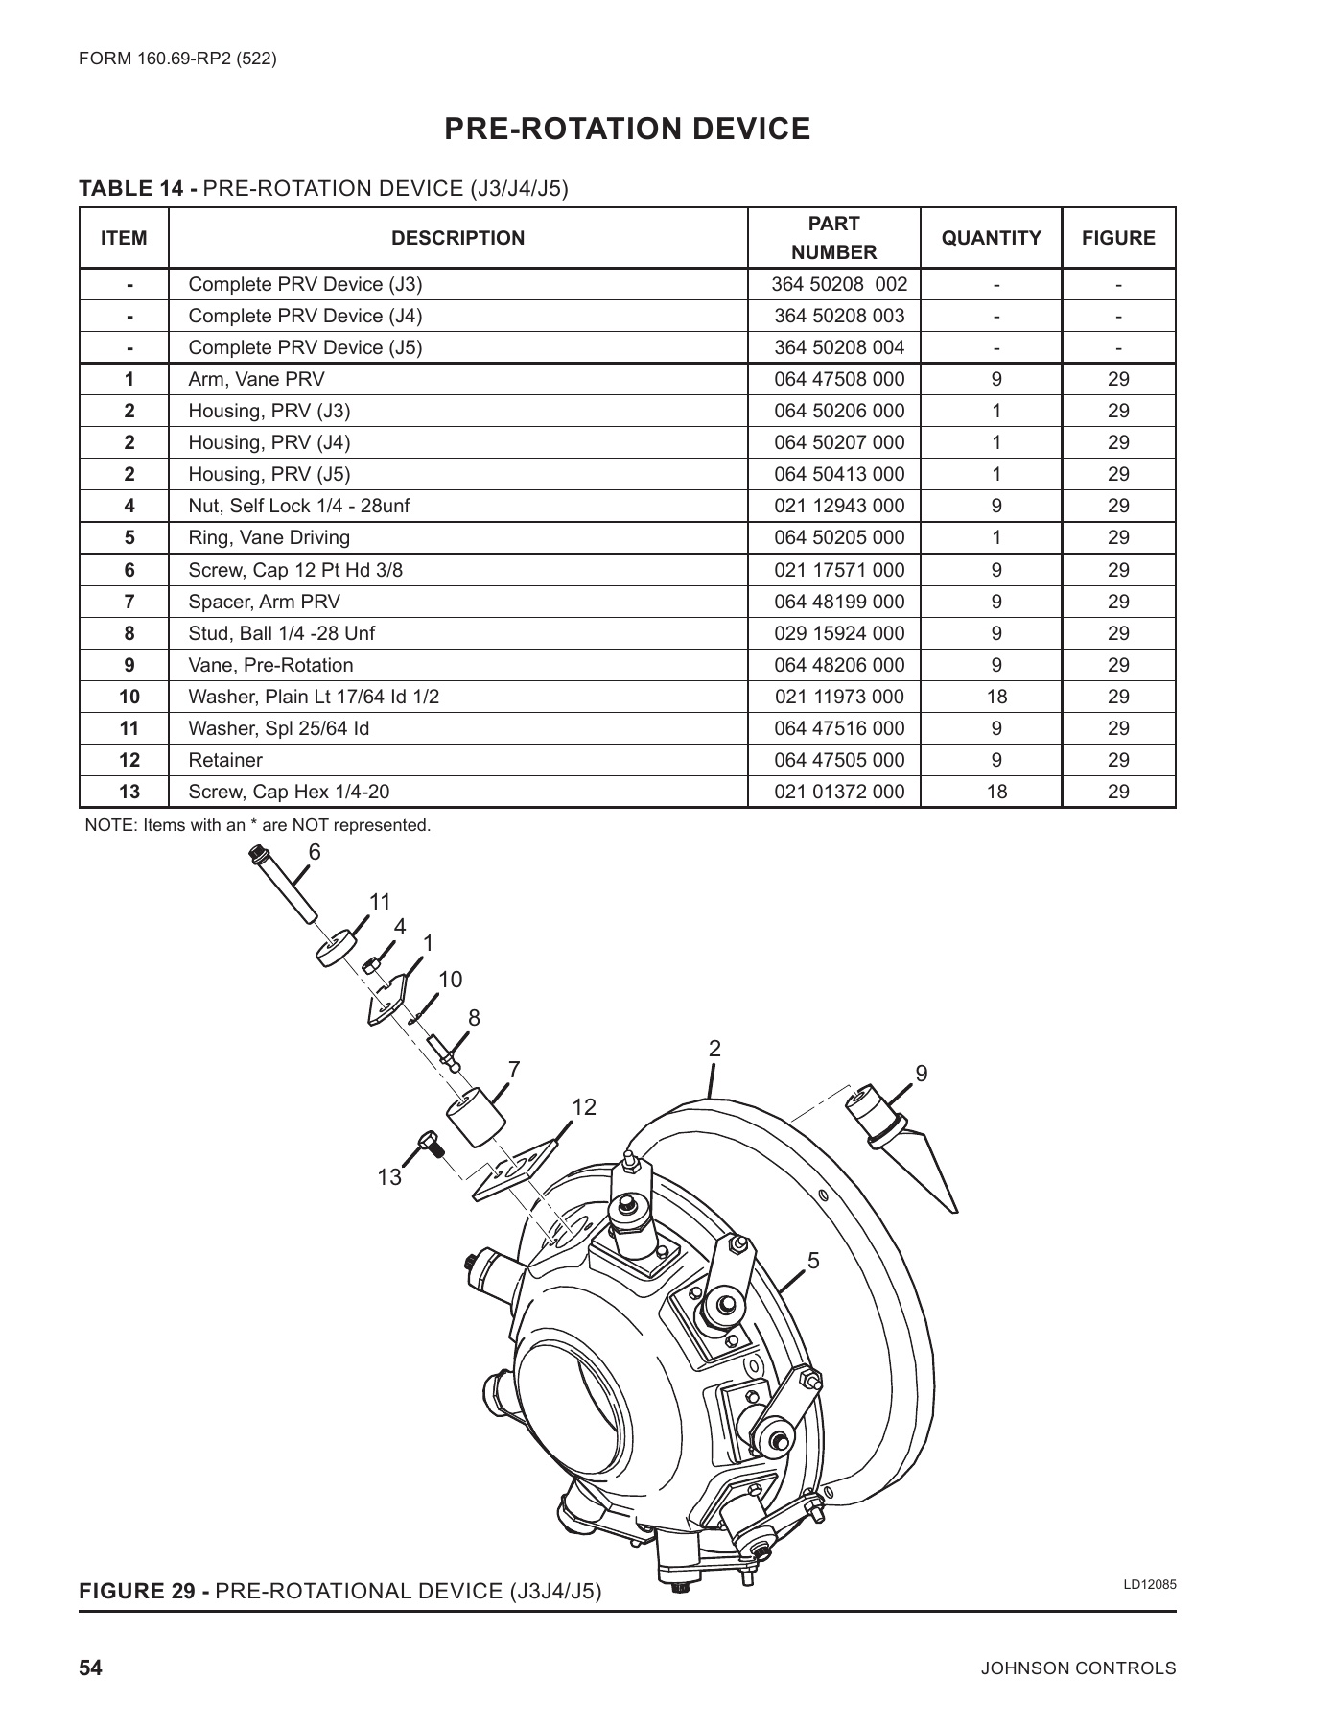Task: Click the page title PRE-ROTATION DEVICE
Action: coord(627,129)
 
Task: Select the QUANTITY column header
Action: coord(991,238)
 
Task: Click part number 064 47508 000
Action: coord(838,379)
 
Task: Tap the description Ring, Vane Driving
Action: coord(269,537)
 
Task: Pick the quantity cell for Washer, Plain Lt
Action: coord(996,697)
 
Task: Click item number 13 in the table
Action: coord(129,792)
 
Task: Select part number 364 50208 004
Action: coord(838,347)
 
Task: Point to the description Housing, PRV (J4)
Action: coord(269,442)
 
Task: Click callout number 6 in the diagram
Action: coord(315,852)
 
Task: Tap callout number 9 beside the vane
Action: coord(922,1074)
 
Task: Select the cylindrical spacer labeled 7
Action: coord(475,1117)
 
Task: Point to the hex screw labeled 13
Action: coord(430,1145)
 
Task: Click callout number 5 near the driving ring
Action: coord(813,1261)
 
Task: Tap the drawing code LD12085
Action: coord(1149,1584)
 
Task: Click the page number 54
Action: coord(90,1668)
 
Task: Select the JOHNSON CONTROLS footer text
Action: coord(1078,1668)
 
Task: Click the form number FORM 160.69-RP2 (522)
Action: coord(177,59)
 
